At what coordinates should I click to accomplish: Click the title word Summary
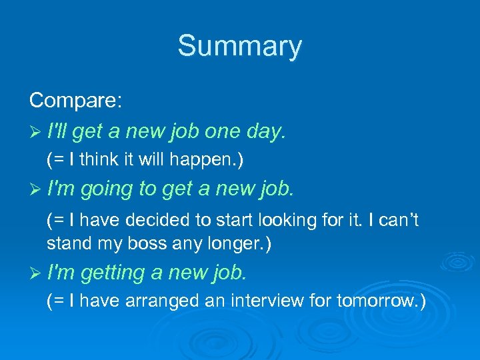pos(239,47)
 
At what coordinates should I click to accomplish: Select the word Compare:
pos(75,101)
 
